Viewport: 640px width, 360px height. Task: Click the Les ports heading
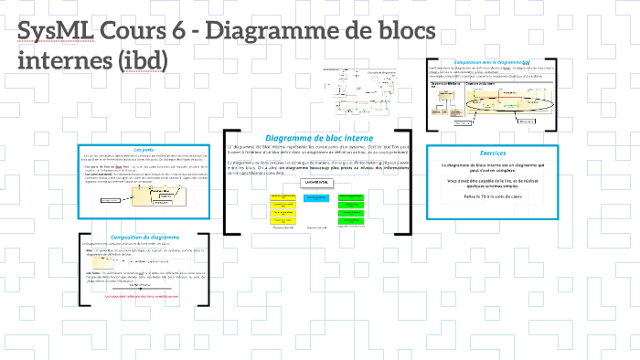click(144, 150)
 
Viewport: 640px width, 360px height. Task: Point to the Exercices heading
click(492, 153)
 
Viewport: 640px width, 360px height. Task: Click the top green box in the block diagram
click(350, 194)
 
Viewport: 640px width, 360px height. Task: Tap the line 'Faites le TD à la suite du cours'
click(492, 196)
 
